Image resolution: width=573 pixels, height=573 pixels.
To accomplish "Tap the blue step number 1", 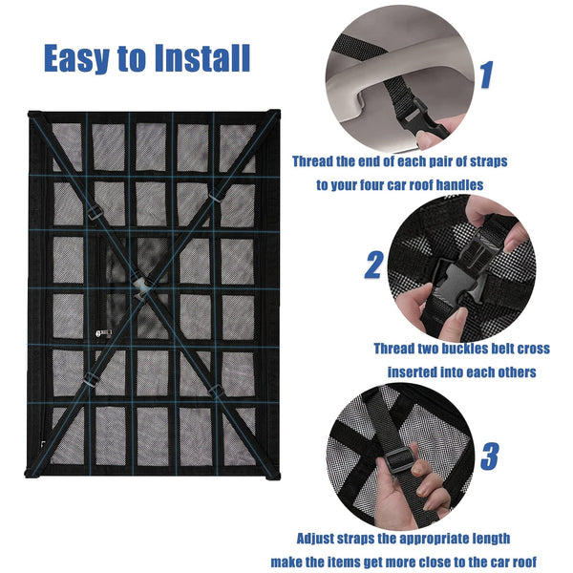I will click(x=486, y=74).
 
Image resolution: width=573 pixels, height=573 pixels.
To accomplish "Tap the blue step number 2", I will click(x=373, y=265).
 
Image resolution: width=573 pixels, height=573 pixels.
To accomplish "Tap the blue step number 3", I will click(x=489, y=456).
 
